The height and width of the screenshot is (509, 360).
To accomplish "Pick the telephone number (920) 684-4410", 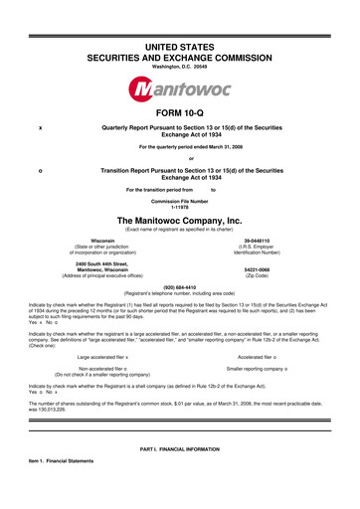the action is pos(180,289).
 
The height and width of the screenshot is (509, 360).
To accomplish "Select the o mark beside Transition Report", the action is pos(39,170).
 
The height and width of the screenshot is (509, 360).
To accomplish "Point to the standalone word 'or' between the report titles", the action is pos(180,159).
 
